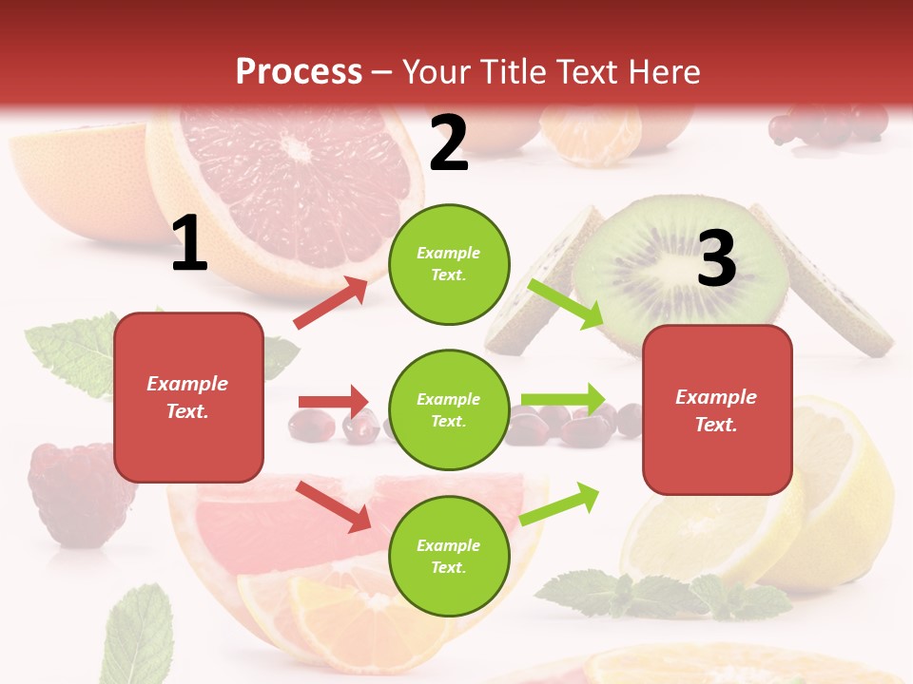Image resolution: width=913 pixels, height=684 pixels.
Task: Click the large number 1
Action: coord(189,244)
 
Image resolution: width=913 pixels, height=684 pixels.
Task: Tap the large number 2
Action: coord(449,143)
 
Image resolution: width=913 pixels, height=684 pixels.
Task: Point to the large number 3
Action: coord(716,259)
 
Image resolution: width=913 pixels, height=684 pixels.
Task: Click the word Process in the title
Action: coord(299,71)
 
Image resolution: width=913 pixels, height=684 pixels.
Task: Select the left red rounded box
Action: coord(188,397)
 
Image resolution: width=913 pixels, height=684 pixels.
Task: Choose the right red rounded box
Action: coord(717,409)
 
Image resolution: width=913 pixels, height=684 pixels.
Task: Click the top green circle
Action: coord(449,264)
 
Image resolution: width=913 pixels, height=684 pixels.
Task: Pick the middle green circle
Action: coord(449,409)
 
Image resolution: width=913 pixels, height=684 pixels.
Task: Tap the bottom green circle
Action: coord(449,556)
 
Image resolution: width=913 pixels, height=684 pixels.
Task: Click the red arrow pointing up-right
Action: coord(331,303)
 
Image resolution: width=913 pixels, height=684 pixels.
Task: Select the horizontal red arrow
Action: coord(333,402)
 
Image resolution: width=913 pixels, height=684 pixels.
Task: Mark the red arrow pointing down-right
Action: coord(333,506)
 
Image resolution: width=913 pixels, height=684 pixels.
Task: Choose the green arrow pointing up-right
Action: coord(559,503)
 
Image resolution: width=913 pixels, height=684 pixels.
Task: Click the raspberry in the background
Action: coord(71,493)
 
